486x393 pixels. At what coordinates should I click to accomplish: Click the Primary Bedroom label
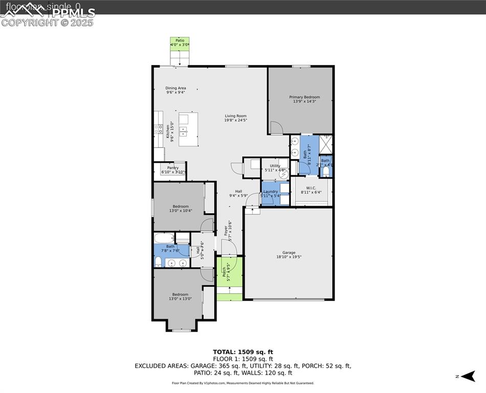click(x=304, y=97)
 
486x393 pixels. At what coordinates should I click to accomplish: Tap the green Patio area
click(x=180, y=44)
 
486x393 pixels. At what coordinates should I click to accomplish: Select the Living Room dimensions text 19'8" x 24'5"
click(x=236, y=120)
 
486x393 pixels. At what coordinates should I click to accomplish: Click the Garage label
click(x=289, y=253)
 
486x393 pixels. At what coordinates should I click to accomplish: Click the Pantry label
click(x=173, y=168)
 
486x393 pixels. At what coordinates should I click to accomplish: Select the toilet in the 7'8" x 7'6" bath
click(x=158, y=262)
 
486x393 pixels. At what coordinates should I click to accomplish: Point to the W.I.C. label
click(x=311, y=188)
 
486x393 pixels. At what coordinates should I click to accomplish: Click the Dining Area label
click(x=175, y=88)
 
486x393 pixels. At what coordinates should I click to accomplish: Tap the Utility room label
click(x=275, y=166)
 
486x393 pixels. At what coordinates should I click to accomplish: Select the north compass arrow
click(x=468, y=377)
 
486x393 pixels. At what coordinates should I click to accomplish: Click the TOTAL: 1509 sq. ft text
click(x=243, y=352)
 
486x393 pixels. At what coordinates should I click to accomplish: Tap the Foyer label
click(x=225, y=230)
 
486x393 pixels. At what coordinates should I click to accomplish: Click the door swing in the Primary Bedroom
click(x=276, y=128)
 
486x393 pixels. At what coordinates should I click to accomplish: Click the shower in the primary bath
click(x=326, y=144)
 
